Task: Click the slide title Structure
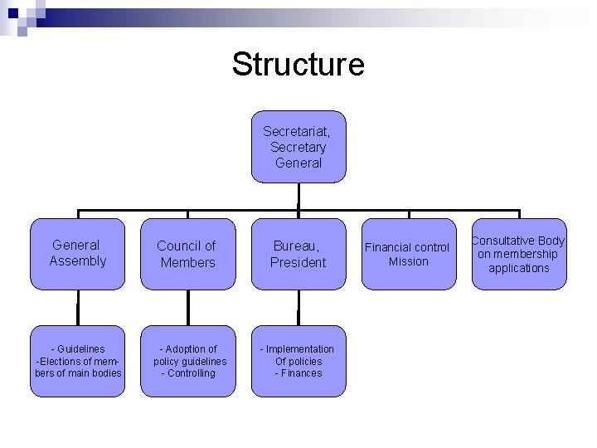(298, 64)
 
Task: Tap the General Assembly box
(78, 253)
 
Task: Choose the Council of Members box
(187, 254)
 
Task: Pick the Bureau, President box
(298, 254)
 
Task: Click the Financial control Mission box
(409, 254)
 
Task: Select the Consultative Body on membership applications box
(519, 254)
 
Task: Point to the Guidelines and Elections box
(78, 361)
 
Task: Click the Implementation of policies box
(298, 361)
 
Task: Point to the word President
(298, 262)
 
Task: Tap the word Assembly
(78, 261)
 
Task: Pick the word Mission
(409, 261)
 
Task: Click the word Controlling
(191, 373)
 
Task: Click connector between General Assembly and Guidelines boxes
(78, 307)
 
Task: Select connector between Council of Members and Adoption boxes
(188, 307)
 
